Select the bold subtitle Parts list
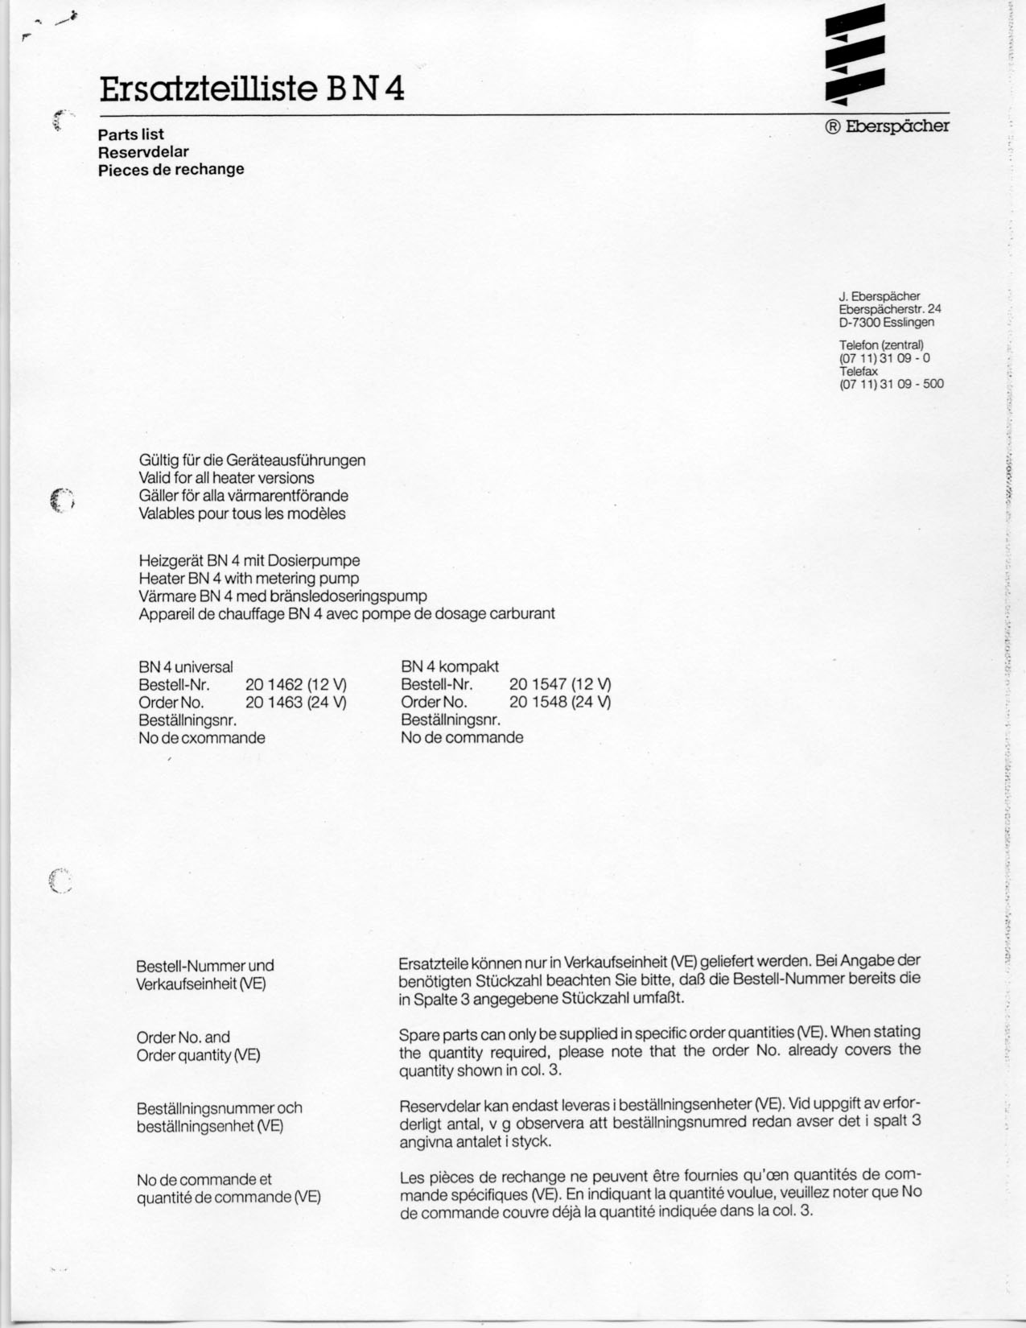131,134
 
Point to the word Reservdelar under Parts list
143,152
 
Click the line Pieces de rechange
171,170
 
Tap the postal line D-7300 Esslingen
886,322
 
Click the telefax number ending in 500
891,384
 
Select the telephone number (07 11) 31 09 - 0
884,358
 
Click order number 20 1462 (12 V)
295,685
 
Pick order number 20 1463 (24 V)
295,702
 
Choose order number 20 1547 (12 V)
560,685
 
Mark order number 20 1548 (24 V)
560,702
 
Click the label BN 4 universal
186,667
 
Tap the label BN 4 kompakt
450,667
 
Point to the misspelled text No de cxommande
202,737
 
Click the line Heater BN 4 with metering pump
249,579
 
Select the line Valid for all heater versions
226,478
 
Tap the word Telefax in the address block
859,372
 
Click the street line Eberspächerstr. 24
889,309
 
